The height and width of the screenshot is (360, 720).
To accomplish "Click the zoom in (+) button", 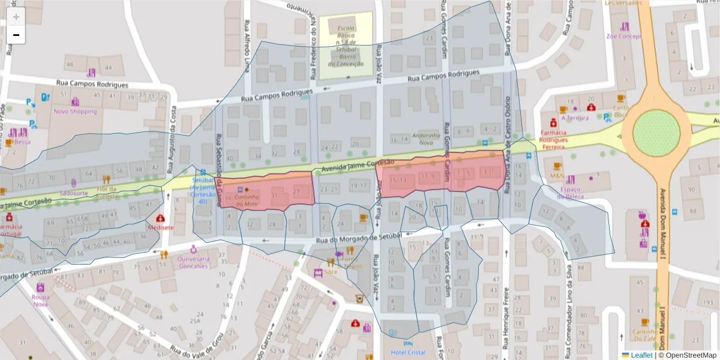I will click(16, 17).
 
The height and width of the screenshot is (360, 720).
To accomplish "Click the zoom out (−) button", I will click(16, 35).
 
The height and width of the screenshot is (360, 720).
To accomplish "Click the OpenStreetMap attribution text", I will click(687, 355).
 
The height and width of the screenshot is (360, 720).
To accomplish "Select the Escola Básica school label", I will click(346, 46).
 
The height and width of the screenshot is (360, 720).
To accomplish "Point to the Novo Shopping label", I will click(75, 111).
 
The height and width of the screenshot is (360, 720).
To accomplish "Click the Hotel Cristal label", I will click(407, 352).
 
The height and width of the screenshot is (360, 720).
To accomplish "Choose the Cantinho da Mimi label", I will click(247, 200).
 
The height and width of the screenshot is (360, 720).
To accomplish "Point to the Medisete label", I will click(160, 227).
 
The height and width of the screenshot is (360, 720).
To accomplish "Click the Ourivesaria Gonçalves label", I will click(194, 262).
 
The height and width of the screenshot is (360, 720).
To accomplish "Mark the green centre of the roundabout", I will click(656, 131).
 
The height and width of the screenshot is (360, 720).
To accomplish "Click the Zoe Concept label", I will click(624, 35).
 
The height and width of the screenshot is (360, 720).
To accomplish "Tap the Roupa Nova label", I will click(40, 300).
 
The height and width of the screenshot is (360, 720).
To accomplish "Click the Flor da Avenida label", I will click(106, 191).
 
